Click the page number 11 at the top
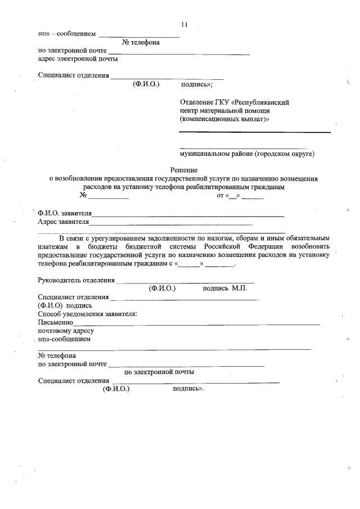tap(184, 24)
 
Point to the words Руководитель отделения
tap(76, 280)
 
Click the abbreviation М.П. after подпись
tap(239, 288)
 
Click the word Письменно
tap(55, 322)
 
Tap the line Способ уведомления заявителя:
tap(87, 314)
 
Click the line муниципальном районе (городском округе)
tap(247, 153)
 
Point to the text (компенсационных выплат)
tap(224, 119)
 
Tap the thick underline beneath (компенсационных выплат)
tap(255, 132)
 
